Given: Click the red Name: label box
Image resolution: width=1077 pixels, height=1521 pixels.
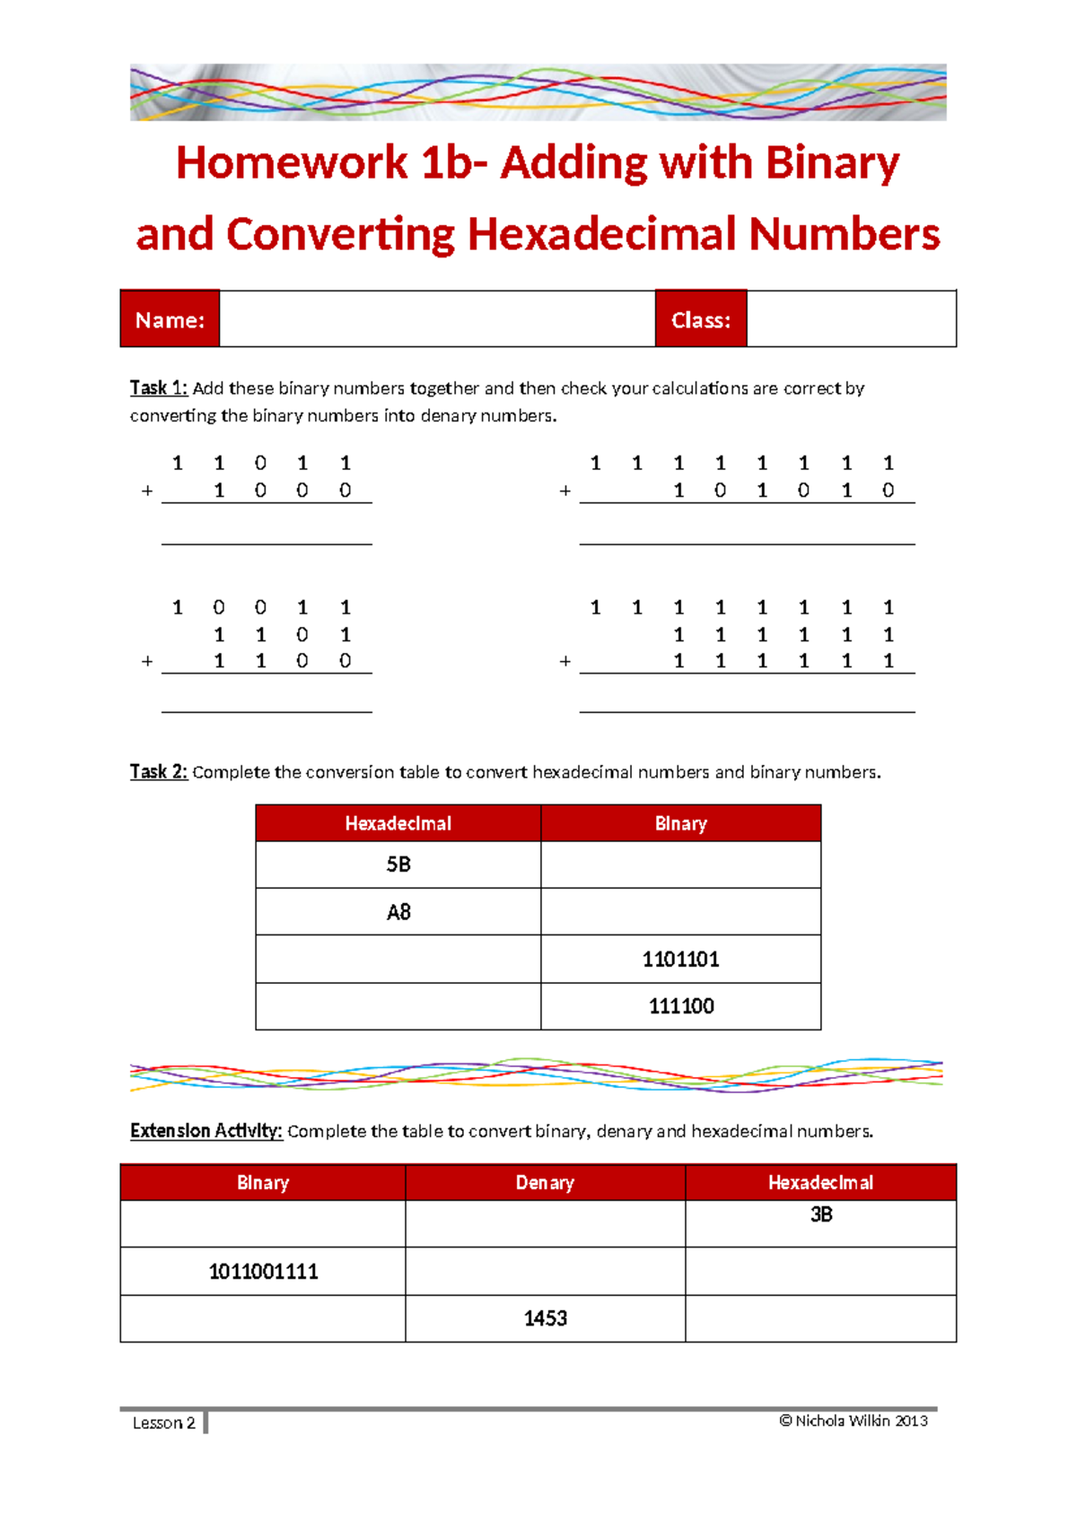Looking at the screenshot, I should click(x=170, y=319).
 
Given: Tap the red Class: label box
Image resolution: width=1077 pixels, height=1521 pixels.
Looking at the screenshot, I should click(x=701, y=319).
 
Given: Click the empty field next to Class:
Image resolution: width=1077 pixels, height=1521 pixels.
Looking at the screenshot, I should click(x=851, y=319).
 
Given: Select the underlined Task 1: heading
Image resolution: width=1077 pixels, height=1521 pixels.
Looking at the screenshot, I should click(x=159, y=388).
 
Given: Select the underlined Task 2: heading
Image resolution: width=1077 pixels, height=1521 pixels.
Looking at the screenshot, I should click(x=159, y=772).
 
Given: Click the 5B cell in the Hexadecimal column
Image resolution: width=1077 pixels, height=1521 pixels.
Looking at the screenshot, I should click(x=398, y=865).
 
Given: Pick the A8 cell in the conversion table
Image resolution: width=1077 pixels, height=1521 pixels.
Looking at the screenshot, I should click(x=398, y=912).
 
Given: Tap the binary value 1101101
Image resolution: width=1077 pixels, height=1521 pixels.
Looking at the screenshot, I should click(x=680, y=960).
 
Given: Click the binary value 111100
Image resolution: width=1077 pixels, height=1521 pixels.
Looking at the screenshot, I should click(x=680, y=1006).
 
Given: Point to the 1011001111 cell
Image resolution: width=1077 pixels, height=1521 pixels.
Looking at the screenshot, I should click(x=263, y=1272).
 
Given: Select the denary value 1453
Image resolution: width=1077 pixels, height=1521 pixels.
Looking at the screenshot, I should click(x=545, y=1318).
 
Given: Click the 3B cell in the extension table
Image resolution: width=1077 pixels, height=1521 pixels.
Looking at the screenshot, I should click(x=820, y=1215).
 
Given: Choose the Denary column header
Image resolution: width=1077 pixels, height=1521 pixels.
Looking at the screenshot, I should click(x=545, y=1183).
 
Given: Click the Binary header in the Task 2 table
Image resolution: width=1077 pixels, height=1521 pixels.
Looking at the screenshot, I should click(x=680, y=823).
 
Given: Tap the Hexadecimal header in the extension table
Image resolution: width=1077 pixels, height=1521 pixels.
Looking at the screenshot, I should click(x=820, y=1183).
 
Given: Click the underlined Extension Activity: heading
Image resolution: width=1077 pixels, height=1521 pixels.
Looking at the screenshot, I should click(x=206, y=1131).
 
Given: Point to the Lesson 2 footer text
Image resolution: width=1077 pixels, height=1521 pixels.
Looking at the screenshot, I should click(x=163, y=1422).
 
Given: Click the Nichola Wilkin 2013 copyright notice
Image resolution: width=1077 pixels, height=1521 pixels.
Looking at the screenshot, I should click(x=854, y=1421).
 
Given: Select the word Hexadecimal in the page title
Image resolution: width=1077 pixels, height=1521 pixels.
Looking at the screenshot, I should click(x=603, y=235).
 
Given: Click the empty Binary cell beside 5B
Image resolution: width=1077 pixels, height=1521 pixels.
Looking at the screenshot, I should click(x=680, y=865).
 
